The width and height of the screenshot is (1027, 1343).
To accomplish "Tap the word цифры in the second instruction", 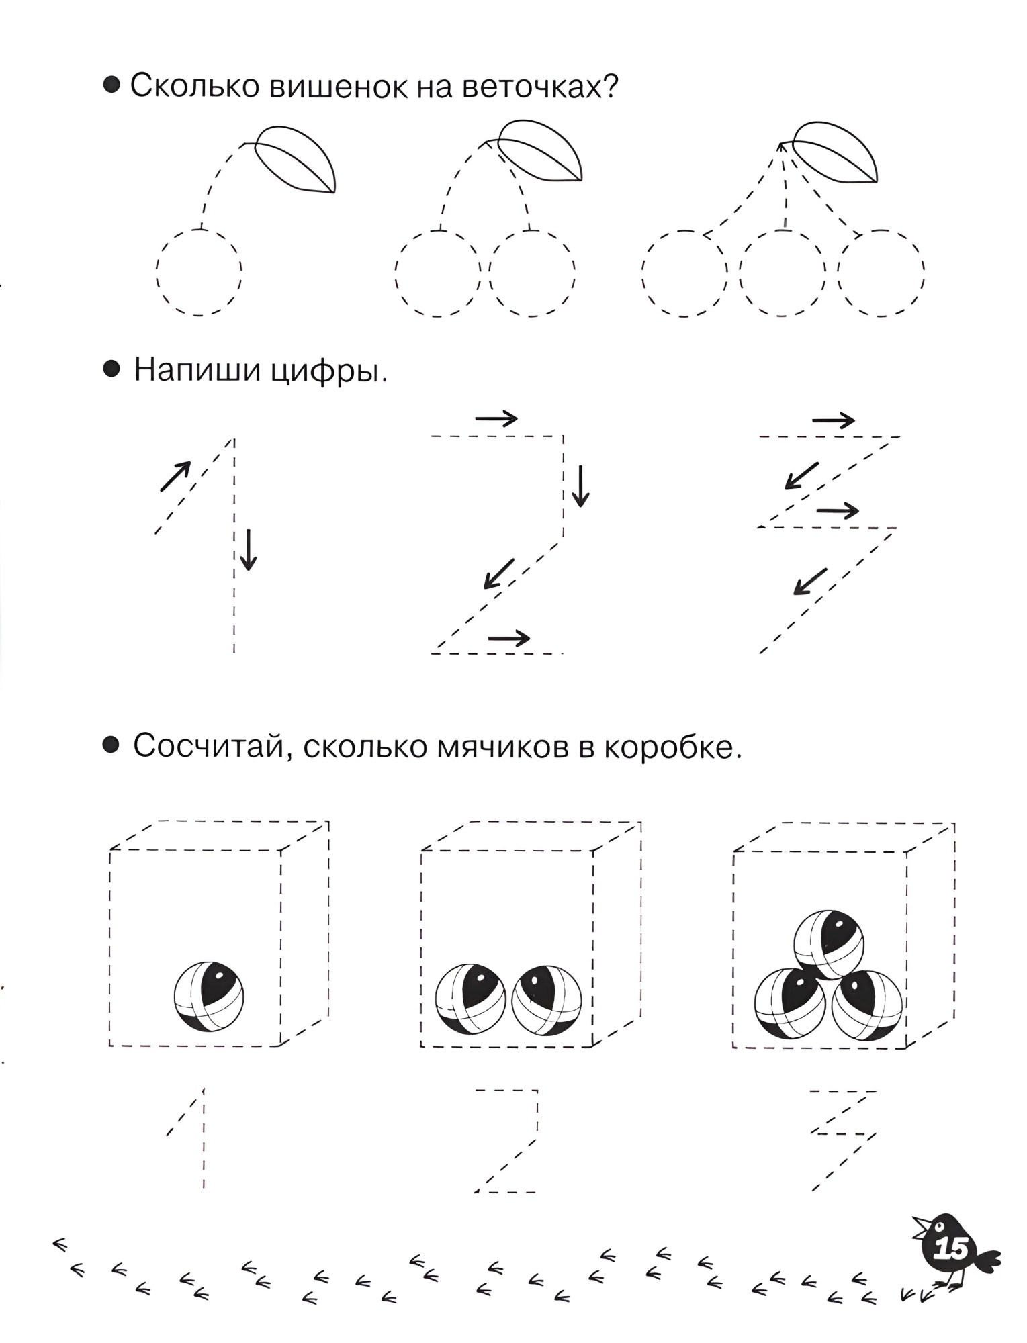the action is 329,371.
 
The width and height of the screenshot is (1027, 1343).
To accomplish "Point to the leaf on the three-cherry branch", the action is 836,152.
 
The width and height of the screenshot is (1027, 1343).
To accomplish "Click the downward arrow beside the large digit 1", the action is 249,550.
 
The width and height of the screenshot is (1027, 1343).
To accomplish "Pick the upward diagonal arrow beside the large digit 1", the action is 175,477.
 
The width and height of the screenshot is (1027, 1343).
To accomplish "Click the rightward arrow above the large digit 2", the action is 496,419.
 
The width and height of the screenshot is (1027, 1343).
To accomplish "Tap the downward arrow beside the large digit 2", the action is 580,485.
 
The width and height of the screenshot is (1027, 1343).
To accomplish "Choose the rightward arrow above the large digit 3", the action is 834,421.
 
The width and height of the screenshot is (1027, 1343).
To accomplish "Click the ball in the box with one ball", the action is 209,997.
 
